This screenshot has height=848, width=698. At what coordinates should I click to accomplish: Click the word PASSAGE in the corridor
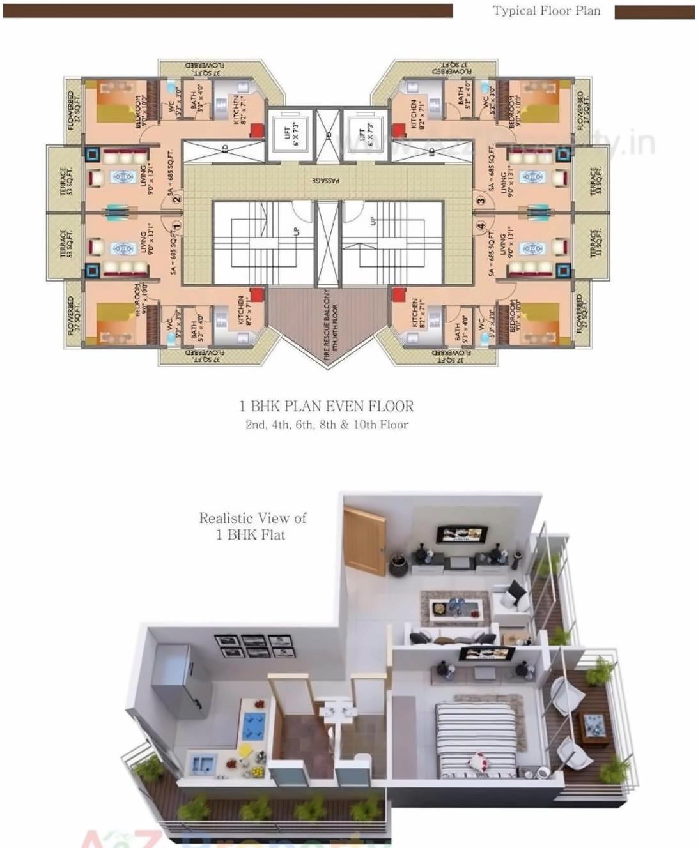point(327,181)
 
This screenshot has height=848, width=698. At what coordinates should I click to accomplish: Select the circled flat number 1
point(176,225)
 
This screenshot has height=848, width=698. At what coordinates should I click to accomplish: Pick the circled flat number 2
point(176,199)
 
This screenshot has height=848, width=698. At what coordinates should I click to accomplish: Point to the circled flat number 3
point(481,200)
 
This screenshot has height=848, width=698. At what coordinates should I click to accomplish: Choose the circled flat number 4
point(481,225)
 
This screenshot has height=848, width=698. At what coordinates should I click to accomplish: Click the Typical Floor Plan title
point(547,11)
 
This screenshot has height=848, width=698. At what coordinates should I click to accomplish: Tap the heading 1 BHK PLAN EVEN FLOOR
point(327,406)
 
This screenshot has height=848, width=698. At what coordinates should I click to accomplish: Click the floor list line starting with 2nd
point(327,425)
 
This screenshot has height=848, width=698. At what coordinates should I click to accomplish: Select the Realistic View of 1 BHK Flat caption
point(252,526)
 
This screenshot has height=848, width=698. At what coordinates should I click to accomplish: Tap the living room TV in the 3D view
point(461,534)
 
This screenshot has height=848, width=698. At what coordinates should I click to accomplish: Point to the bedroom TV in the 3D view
point(487,654)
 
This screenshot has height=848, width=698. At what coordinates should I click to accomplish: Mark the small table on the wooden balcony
point(594,728)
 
